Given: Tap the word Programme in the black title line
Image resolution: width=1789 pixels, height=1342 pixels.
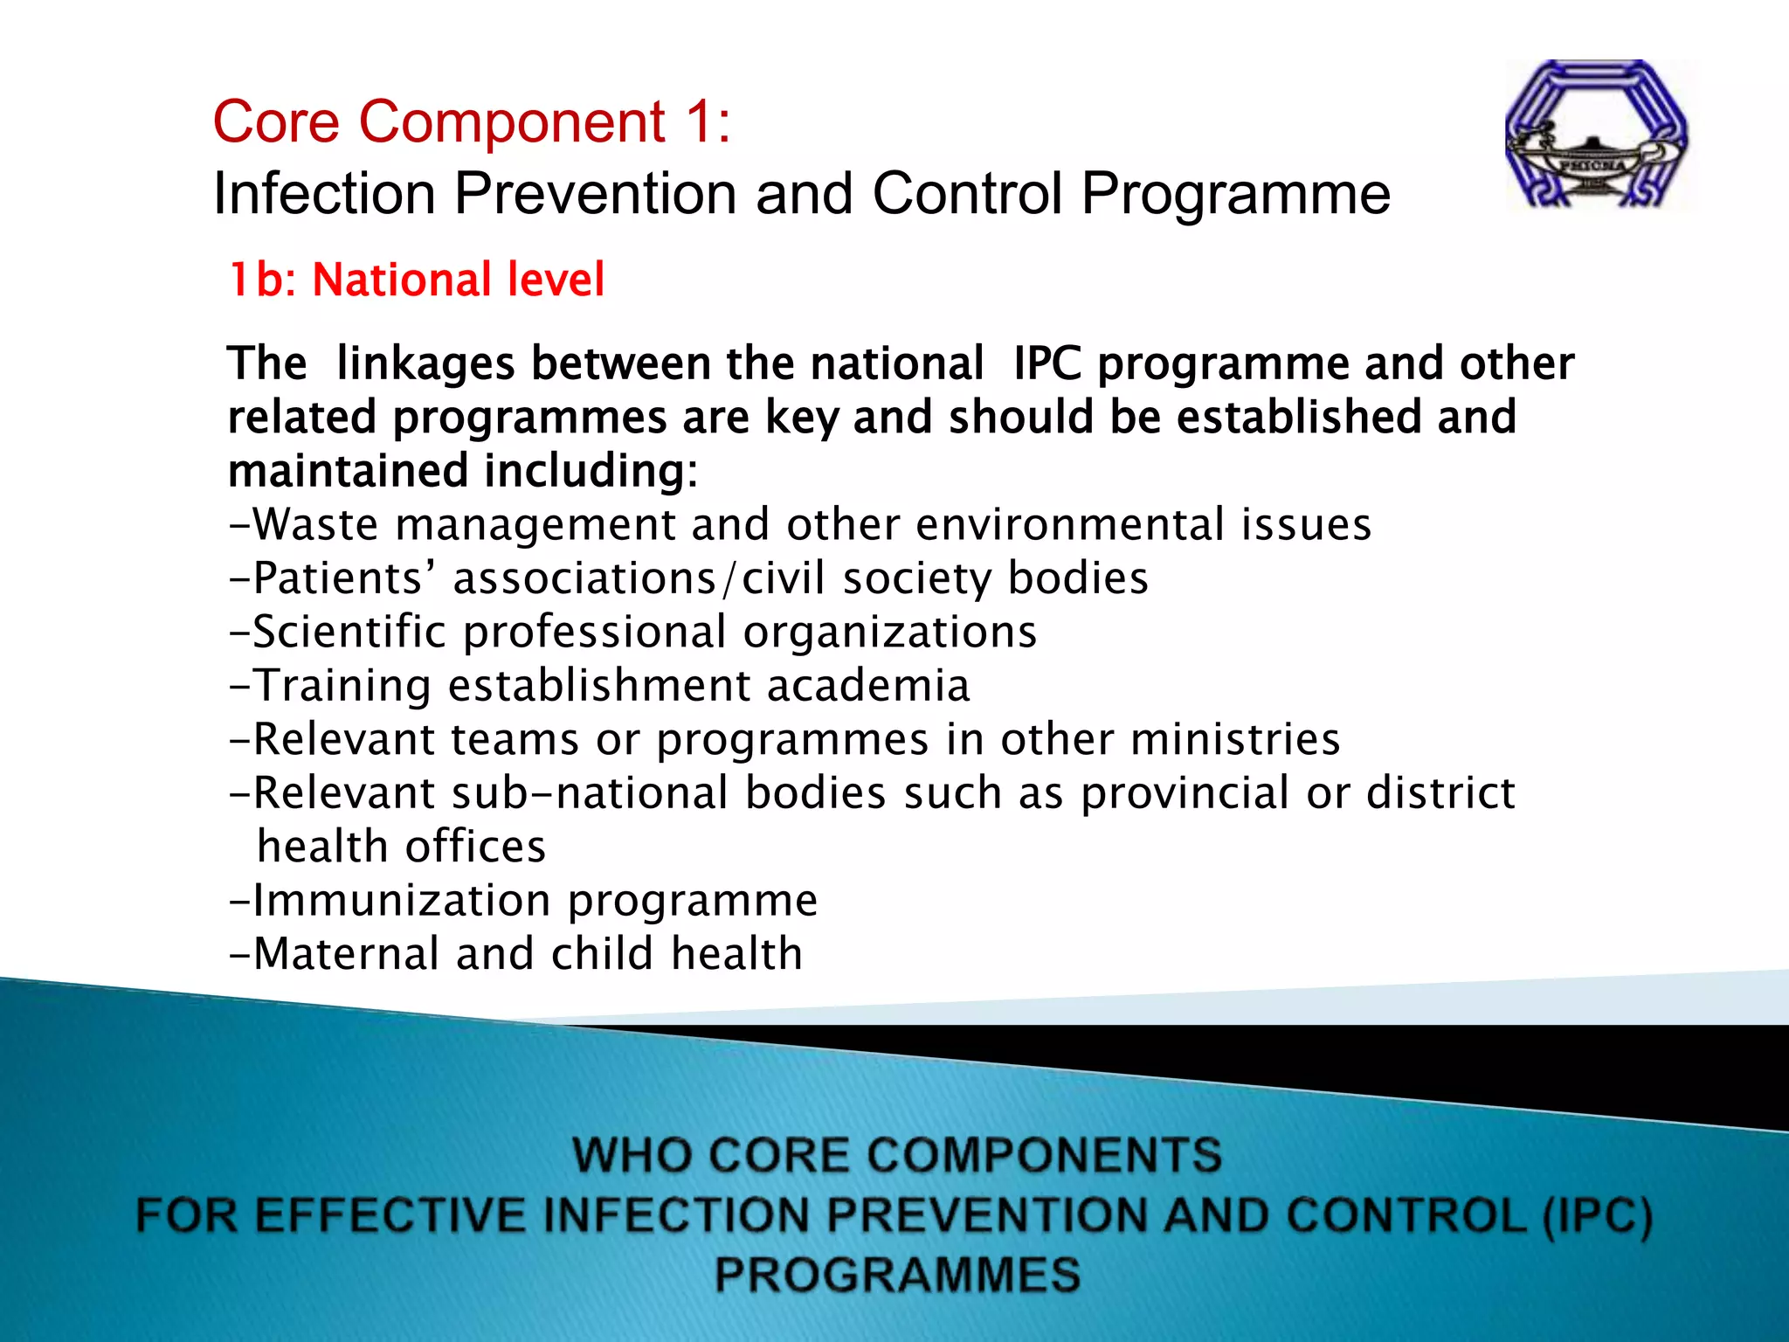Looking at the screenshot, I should (1235, 193).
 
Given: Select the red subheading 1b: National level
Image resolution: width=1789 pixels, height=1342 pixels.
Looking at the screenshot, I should (416, 280).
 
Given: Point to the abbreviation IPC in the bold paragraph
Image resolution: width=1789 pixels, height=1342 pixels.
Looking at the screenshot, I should (1047, 363).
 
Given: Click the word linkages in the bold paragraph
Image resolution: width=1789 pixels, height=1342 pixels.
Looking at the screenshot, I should (425, 363).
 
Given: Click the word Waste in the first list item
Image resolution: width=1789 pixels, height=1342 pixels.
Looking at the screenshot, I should (315, 525).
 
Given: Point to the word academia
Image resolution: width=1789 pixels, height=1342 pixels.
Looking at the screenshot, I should (868, 686).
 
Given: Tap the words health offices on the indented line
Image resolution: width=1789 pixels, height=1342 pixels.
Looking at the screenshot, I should (402, 847).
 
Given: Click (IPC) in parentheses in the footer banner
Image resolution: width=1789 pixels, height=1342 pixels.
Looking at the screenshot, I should (1597, 1216).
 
